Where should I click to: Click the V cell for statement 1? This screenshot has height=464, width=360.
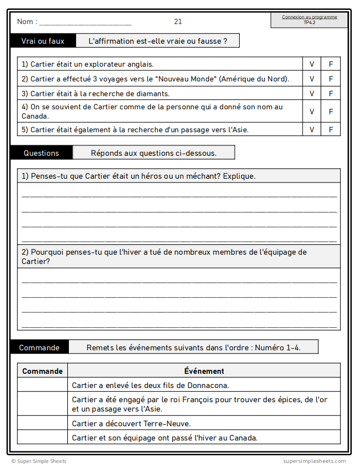coord(312,64)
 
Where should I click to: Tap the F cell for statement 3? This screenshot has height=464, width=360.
coord(330,93)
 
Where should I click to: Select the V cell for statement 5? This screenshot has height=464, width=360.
coord(312,130)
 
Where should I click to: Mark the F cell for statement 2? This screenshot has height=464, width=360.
coord(330,79)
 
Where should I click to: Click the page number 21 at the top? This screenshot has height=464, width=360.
coord(178,22)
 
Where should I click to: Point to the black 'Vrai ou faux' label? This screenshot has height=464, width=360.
coord(43,41)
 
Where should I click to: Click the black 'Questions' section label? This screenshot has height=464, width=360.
coord(41,153)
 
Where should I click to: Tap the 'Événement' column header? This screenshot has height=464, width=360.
coord(204,371)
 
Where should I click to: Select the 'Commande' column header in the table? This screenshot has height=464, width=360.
coord(43,371)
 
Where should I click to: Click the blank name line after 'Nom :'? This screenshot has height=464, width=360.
coord(85,23)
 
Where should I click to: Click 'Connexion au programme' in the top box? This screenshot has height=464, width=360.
coord(310,17)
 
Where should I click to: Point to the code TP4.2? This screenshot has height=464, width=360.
coord(310,22)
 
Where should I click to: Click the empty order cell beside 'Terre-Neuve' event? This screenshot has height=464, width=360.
coord(43,424)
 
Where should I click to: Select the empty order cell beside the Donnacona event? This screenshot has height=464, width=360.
coord(43,385)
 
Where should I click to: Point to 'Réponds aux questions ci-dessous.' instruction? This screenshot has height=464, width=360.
coord(154,153)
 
